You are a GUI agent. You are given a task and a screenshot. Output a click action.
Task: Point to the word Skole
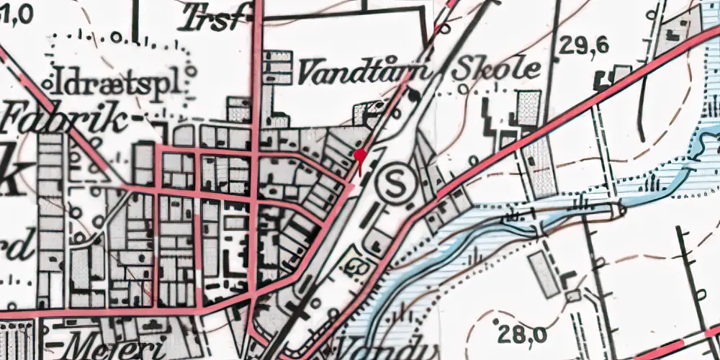[497, 70]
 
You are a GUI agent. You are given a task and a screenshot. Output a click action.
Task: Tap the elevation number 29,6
[584, 47]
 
